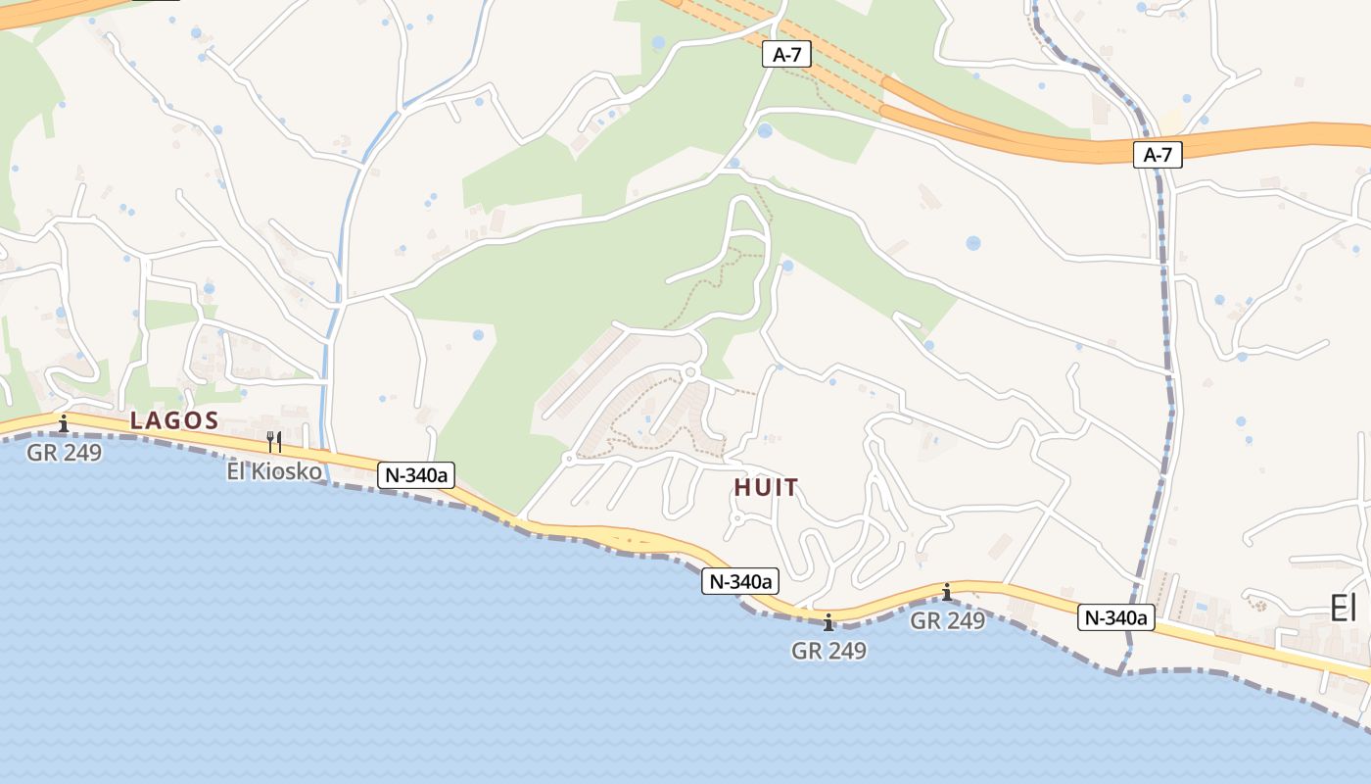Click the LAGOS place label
(x=174, y=421)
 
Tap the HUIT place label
(x=766, y=487)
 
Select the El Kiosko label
(x=274, y=471)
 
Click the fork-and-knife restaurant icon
(x=274, y=441)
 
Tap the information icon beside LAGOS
(x=64, y=423)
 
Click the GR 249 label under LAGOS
(x=64, y=453)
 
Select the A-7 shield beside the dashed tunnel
(x=786, y=55)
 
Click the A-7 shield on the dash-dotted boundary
(x=1158, y=154)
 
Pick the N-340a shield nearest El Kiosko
(x=416, y=475)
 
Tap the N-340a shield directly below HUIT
(x=739, y=581)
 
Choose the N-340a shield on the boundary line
(x=1116, y=617)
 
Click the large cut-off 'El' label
(x=1344, y=609)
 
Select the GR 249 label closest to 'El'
(x=947, y=620)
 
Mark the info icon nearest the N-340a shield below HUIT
(x=828, y=622)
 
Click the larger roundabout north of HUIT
(x=690, y=371)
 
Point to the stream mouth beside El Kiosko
(x=327, y=476)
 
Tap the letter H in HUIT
(x=741, y=487)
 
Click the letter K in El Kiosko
(x=260, y=471)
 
